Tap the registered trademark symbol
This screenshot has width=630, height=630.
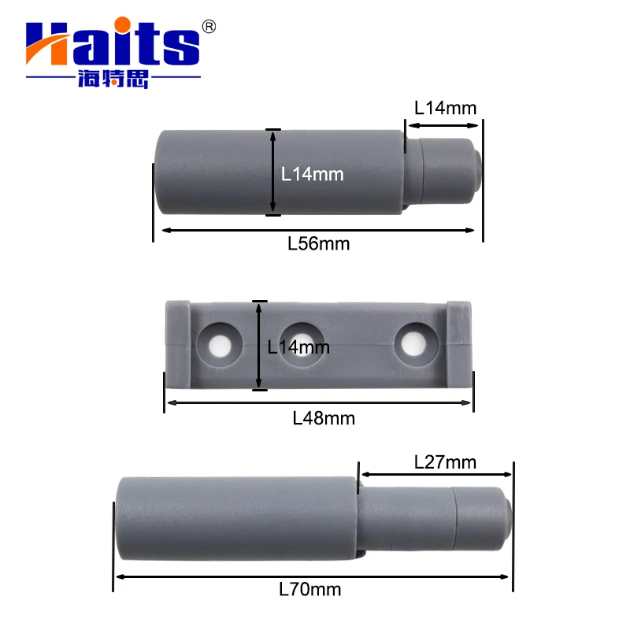pyautogui.click(x=209, y=27)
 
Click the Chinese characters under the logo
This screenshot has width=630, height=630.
pyautogui.click(x=113, y=80)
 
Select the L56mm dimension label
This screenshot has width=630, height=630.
pyautogui.click(x=318, y=243)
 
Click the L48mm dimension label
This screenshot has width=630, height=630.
pyautogui.click(x=323, y=418)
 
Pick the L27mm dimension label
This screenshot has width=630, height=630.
pyautogui.click(x=445, y=462)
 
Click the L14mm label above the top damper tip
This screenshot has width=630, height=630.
pyautogui.click(x=445, y=108)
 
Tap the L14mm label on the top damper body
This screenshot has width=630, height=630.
pyautogui.click(x=313, y=174)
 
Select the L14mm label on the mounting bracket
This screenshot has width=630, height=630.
pyautogui.click(x=298, y=346)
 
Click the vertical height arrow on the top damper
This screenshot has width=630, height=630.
pyautogui.click(x=272, y=172)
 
